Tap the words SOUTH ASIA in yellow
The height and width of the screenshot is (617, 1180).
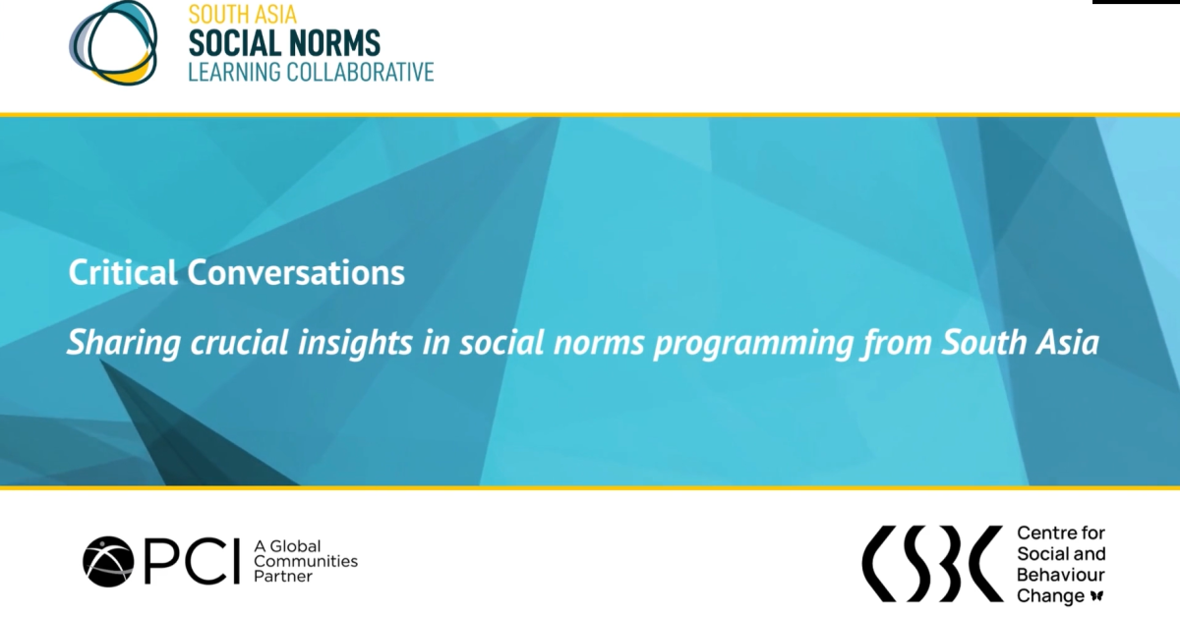click(242, 14)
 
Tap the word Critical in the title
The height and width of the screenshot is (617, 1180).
click(123, 272)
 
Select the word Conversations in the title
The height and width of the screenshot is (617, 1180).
click(296, 272)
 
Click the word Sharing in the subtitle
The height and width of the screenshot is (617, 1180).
click(124, 343)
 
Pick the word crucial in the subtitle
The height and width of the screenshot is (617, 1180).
click(239, 342)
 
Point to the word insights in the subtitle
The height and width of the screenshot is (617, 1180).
click(355, 343)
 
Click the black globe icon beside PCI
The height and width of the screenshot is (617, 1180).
click(108, 562)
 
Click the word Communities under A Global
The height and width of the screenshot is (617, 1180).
click(306, 561)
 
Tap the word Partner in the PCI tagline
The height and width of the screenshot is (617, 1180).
click(283, 577)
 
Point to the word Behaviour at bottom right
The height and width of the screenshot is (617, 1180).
click(1060, 575)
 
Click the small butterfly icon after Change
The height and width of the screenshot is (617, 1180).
click(1097, 596)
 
